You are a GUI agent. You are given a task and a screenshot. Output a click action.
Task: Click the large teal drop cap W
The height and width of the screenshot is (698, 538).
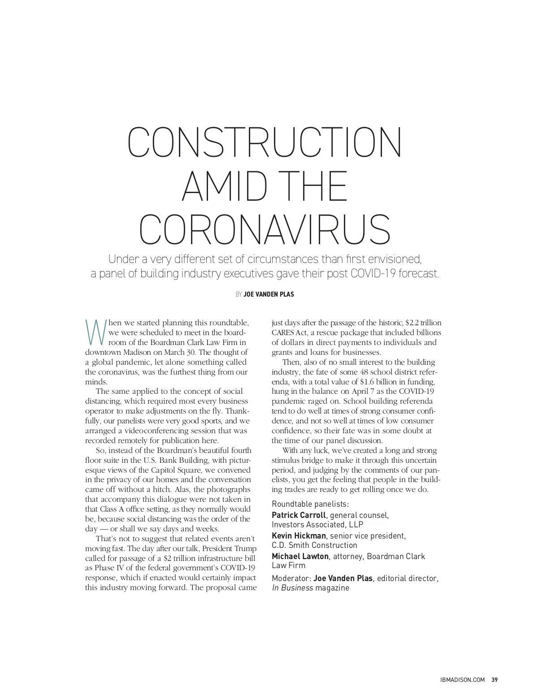point(95,332)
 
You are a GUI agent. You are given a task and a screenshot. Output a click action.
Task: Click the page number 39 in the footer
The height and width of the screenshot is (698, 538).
point(495,680)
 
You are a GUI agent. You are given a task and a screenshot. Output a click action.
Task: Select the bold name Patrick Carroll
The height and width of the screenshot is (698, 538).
point(299,515)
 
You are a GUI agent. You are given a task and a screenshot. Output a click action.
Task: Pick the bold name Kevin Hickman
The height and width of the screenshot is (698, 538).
point(299,536)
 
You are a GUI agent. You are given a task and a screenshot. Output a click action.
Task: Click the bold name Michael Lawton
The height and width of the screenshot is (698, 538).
point(300,556)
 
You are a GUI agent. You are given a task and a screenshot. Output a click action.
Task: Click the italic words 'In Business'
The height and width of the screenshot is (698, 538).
point(292,588)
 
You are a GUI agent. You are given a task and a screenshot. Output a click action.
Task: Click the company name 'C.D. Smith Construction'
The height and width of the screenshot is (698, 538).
point(314,546)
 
